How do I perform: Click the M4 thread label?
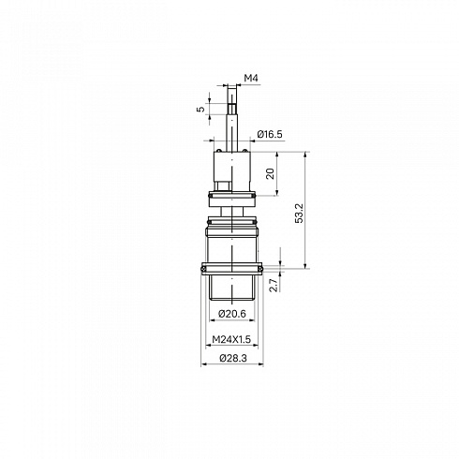coord(251,78)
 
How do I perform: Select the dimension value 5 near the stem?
coord(201,109)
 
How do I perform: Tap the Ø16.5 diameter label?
coord(270,134)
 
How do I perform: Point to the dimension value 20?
coord(270,173)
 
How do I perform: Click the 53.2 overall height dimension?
coord(299,213)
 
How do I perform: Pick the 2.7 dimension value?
coord(274,285)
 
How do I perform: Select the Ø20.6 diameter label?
coord(232,314)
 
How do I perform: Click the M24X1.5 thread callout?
coord(231,339)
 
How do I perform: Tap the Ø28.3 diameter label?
coord(233,358)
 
